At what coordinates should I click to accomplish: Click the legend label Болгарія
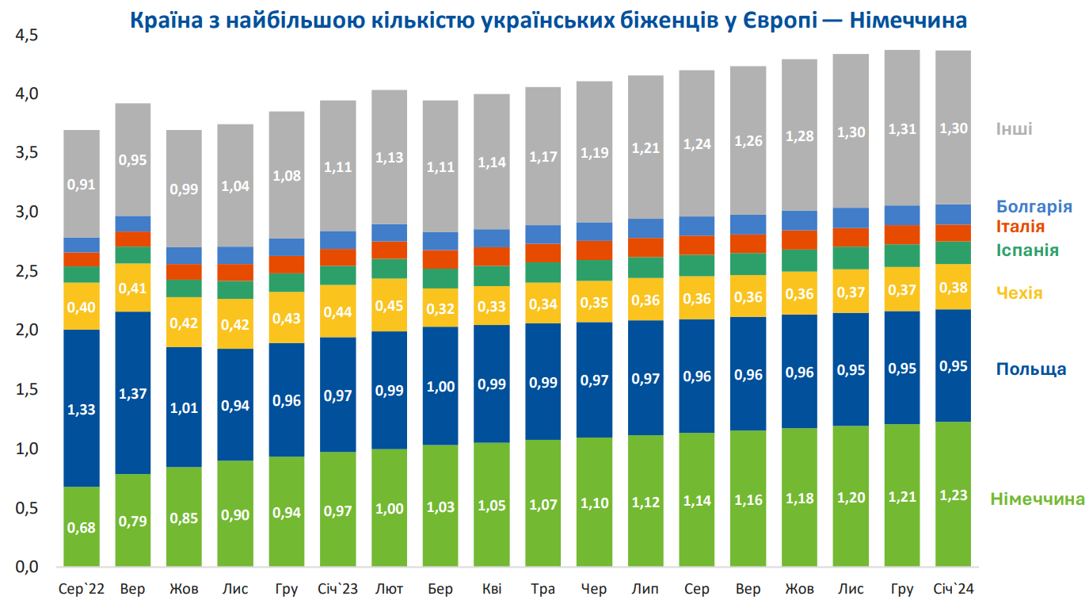tap(1034, 207)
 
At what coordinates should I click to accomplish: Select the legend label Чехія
tap(1019, 292)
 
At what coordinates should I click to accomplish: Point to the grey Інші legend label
tap(1015, 129)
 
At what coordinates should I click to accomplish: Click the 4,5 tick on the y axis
tap(27, 36)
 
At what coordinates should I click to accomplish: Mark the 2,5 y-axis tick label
tap(27, 271)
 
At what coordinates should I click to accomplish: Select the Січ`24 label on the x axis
tap(954, 589)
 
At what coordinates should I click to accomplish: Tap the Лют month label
tap(389, 589)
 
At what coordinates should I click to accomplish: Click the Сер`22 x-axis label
tap(82, 589)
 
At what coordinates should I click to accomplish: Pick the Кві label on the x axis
tap(491, 589)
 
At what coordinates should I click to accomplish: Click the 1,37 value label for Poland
tap(132, 394)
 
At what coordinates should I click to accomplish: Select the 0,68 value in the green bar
tap(82, 528)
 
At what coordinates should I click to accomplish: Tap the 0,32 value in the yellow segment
tap(440, 304)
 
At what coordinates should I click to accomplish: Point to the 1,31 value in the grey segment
tap(902, 129)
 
